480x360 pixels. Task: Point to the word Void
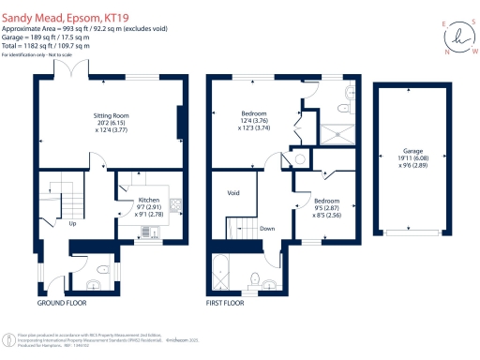coord(234,192)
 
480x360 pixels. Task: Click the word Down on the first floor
coord(266,229)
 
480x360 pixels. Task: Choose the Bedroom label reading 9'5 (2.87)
coord(327,208)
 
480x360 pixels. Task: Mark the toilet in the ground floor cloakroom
coord(92,282)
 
